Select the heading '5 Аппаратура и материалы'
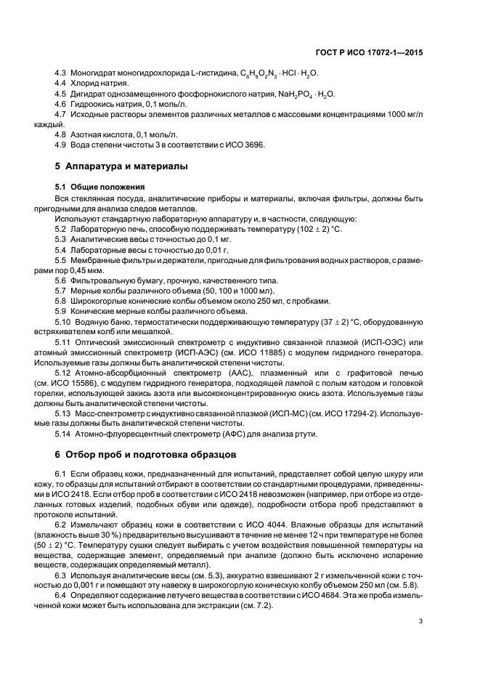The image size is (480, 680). tap(121, 166)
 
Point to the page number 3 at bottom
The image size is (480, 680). tap(421, 620)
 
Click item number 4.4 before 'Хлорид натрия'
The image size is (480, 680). tap(61, 84)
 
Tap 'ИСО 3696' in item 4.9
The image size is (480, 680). tap(248, 145)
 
